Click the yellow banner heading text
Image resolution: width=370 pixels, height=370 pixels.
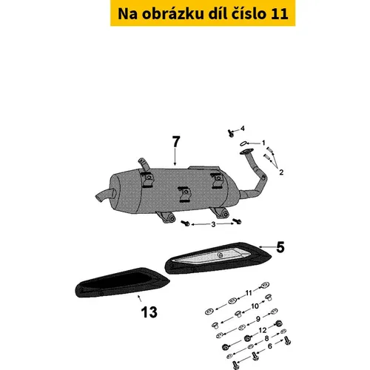pos(203,13)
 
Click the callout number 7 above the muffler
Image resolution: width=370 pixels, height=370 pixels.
pos(176,141)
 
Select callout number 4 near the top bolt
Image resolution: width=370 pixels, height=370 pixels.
pos(243,128)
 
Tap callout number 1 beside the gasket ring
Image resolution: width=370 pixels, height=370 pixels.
pos(263,143)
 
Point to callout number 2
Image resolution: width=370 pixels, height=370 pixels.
pos(281,172)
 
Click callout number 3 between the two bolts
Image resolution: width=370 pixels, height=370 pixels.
pos(213,224)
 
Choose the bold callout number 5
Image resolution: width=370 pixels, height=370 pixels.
pos(280,247)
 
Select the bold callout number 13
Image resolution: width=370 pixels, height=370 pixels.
pos(149,312)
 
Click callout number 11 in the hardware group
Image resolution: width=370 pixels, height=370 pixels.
pos(249,293)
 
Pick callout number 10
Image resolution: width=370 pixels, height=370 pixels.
pos(255,306)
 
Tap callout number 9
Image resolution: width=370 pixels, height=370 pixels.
pos(258,319)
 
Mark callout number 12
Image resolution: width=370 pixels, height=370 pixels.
pos(263,330)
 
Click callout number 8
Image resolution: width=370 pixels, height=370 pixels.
pos(266,338)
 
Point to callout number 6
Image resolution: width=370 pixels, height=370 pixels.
pos(270,346)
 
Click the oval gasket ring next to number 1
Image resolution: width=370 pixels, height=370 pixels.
pos(243,143)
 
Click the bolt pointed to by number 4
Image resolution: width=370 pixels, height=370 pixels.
pos(230,133)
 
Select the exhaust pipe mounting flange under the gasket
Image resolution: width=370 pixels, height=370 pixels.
pos(247,152)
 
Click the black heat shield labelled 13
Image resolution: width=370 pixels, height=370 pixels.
pos(122,283)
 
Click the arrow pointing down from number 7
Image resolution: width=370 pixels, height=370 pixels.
pos(175,157)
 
